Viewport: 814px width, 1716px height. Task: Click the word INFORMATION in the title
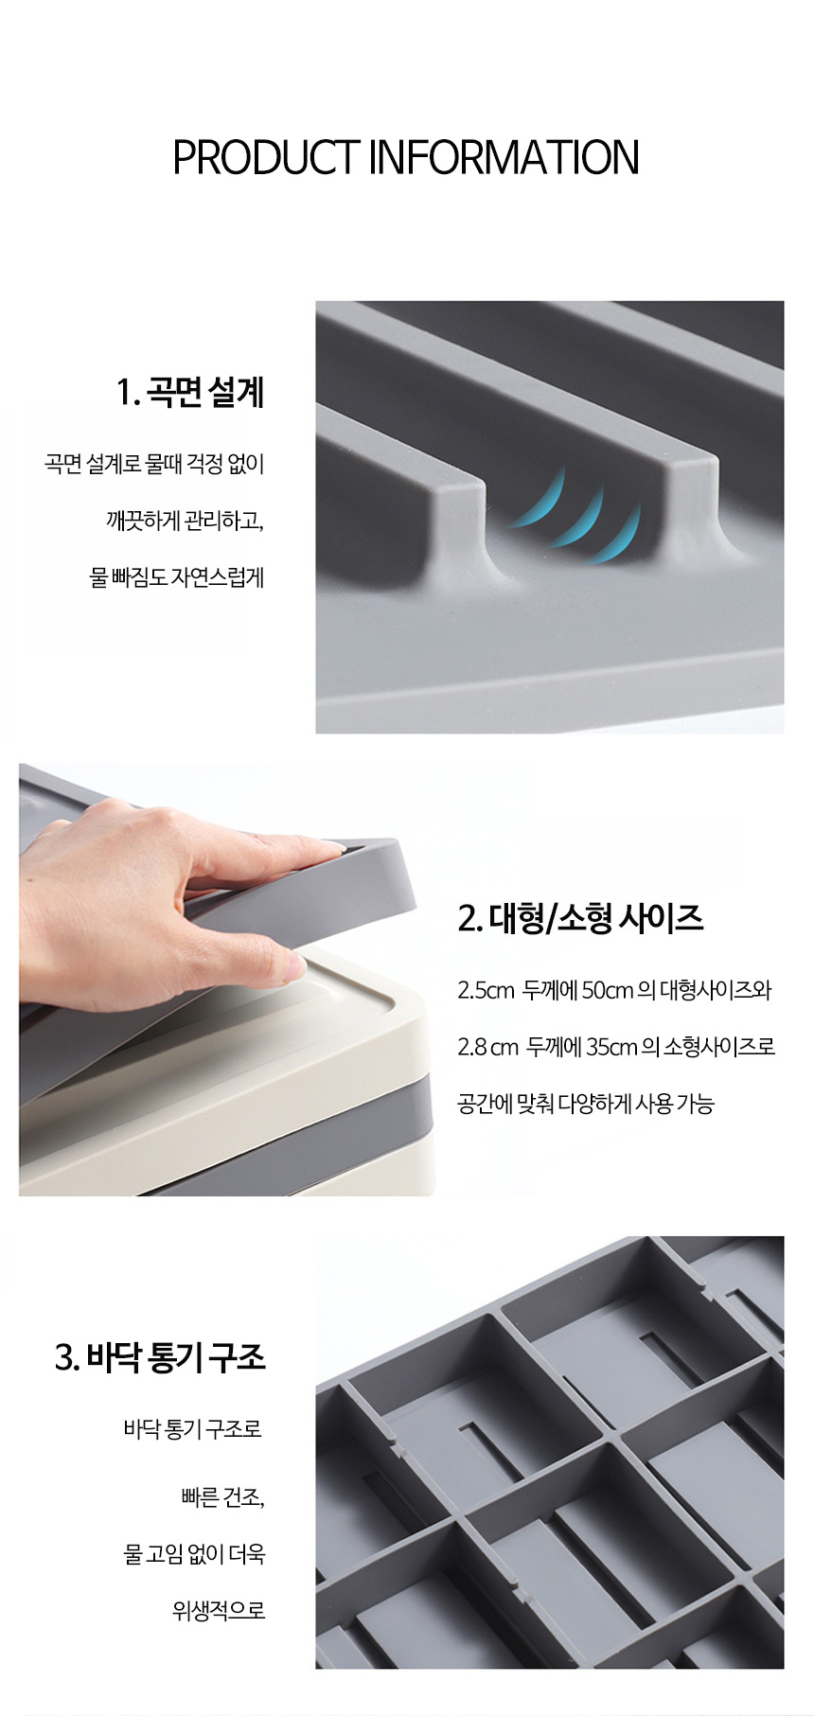pos(504,157)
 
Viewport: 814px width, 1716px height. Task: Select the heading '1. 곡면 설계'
pos(191,392)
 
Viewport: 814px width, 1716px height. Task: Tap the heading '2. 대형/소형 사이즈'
pos(580,918)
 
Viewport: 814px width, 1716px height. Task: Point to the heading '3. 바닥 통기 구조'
pos(161,1358)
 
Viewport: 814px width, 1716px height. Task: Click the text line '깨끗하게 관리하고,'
pos(185,522)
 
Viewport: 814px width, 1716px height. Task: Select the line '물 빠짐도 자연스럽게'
pos(177,576)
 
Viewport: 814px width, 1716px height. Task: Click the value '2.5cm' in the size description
pos(486,991)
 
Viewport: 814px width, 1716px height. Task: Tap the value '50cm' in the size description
pos(607,991)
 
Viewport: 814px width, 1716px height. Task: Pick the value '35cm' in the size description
pos(611,1047)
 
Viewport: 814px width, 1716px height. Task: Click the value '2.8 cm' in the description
pos(488,1047)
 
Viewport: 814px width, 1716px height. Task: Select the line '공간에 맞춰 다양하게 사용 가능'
pos(586,1103)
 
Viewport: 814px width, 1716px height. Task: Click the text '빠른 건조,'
pos(221,1498)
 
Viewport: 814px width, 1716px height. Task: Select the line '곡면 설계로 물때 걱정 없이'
pos(154,465)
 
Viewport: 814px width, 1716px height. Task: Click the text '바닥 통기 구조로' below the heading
pos(192,1428)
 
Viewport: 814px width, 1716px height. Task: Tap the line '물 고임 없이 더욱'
pos(195,1554)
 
